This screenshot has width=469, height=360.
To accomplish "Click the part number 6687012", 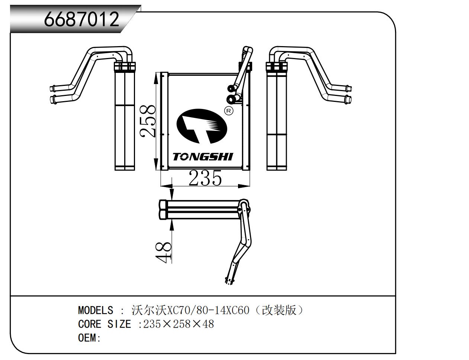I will (82, 19).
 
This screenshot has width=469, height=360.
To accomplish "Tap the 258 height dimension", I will (148, 121).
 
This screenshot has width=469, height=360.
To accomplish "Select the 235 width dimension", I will (205, 178).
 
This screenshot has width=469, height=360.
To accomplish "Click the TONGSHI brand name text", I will (203, 157).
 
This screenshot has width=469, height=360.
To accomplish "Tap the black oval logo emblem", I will (201, 126).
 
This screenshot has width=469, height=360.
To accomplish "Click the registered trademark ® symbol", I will (229, 110).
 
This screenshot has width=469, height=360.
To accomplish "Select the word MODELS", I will (96, 310).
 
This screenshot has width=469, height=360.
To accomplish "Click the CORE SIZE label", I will (105, 324).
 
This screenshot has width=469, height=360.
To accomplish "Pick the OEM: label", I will (89, 338).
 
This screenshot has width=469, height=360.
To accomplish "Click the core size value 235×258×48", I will (179, 324).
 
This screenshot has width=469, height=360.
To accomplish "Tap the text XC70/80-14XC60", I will (209, 310).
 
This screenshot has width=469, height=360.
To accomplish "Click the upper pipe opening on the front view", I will (230, 89).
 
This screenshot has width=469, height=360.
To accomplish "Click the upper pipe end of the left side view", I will (52, 89).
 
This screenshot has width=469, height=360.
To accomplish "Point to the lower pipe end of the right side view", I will (348, 100).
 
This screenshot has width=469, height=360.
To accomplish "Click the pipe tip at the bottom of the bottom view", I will (229, 282).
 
